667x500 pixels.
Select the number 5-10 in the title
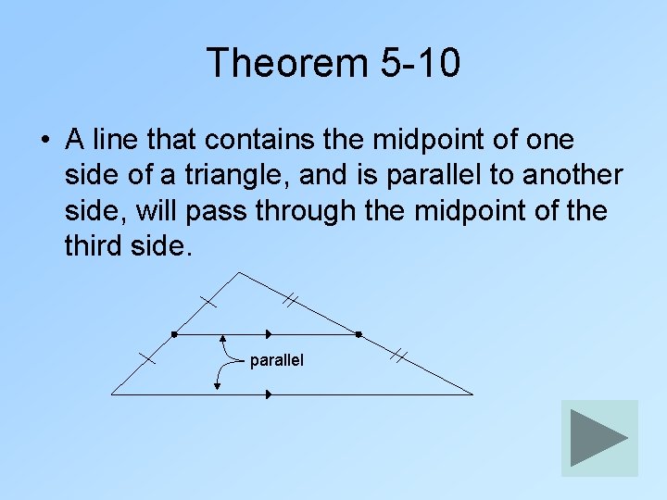click(420, 63)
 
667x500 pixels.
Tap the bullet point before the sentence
click(44, 142)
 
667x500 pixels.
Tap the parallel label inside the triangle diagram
click(276, 359)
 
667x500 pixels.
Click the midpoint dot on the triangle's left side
click(174, 333)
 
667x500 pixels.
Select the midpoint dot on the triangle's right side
click(358, 333)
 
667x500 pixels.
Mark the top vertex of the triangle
click(239, 272)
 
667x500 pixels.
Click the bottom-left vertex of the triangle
click(112, 394)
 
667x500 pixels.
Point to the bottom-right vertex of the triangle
click(472, 394)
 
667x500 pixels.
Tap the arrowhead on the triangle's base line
click(269, 394)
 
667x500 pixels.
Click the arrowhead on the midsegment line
click(269, 333)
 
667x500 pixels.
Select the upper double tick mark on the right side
click(290, 299)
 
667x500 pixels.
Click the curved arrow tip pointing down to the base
click(218, 387)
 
